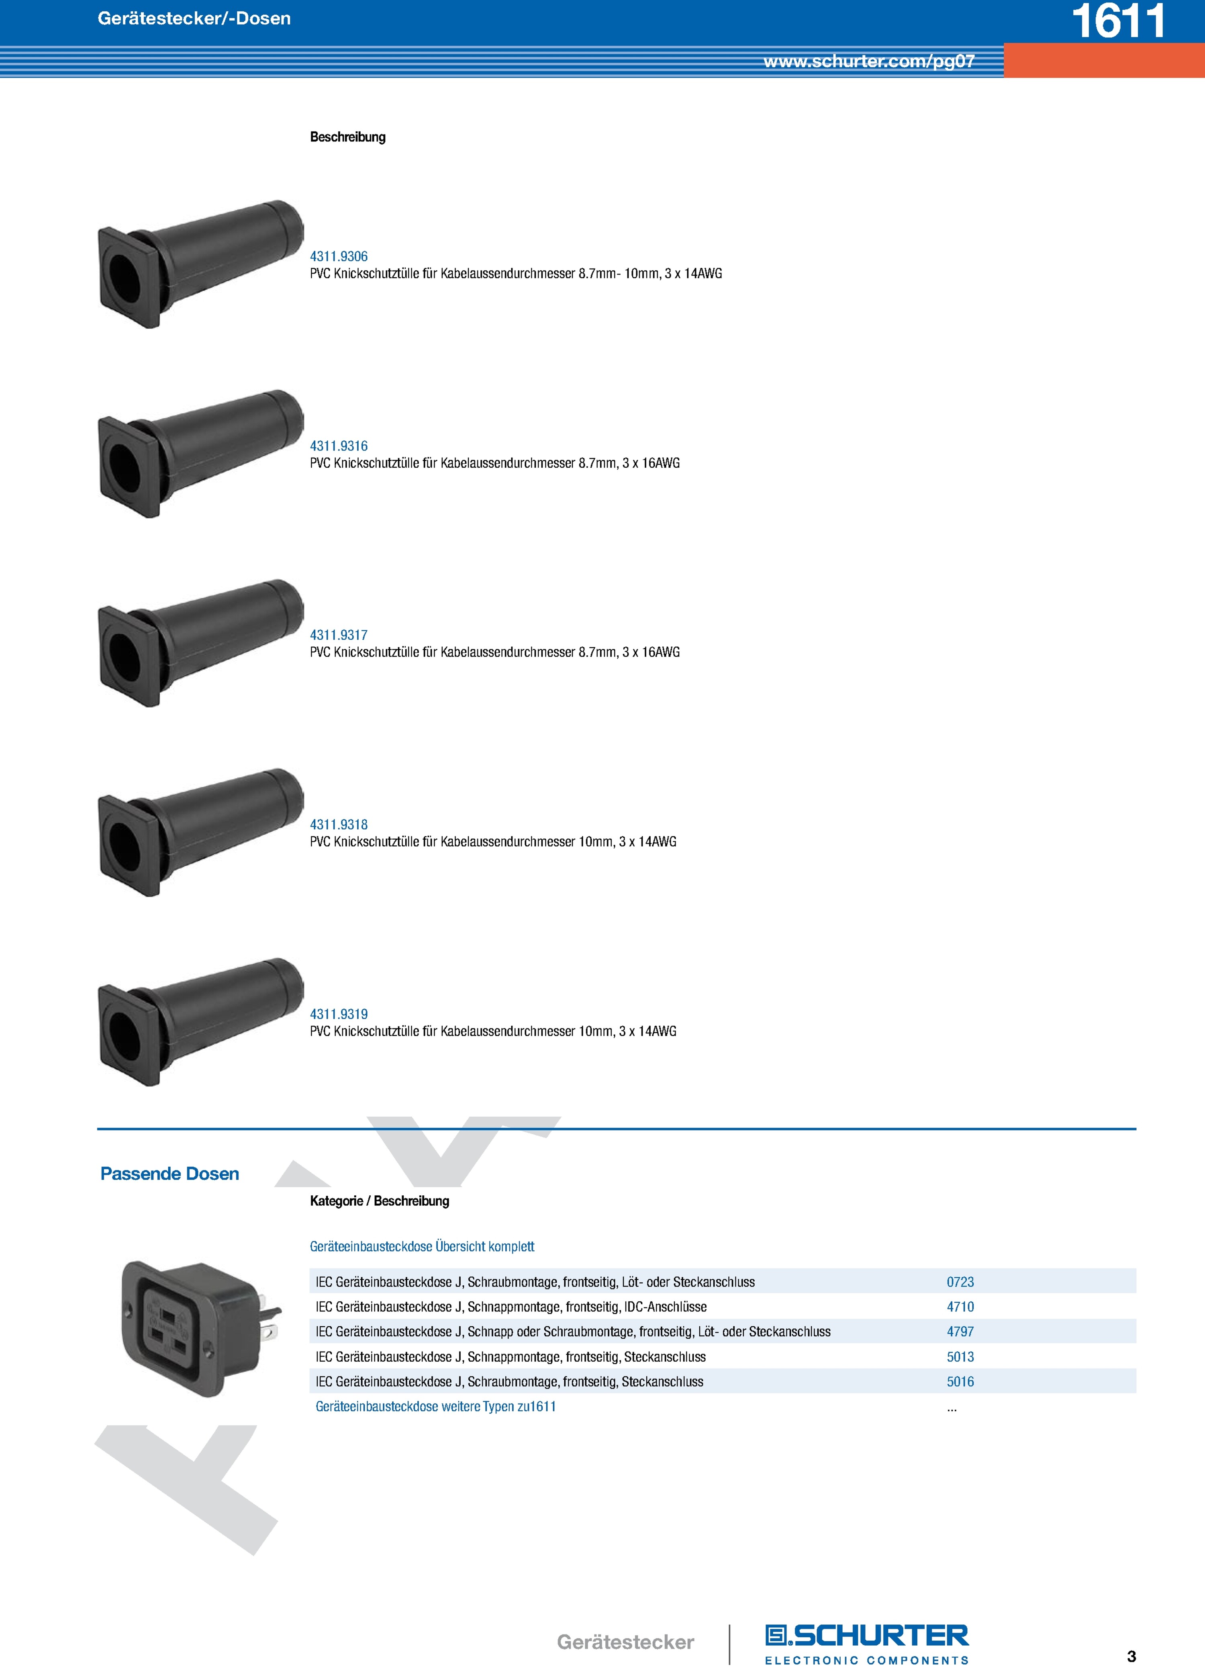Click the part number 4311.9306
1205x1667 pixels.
339,256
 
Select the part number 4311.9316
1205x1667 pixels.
339,446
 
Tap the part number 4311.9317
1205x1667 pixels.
339,635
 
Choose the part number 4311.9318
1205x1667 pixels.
339,825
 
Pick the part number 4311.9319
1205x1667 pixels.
339,1015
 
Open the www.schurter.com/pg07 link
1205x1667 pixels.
869,61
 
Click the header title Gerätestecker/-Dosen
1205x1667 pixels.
194,18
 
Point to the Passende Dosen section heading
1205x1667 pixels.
170,1174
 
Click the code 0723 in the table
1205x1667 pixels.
960,1282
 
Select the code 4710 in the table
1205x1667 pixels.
960,1307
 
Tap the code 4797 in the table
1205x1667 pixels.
960,1332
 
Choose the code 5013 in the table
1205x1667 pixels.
960,1357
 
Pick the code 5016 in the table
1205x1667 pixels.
960,1382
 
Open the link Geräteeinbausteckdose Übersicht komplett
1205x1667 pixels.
422,1247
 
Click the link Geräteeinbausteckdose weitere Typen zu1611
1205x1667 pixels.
436,1407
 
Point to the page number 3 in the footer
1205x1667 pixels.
1131,1656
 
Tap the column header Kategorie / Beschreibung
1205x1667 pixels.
379,1201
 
